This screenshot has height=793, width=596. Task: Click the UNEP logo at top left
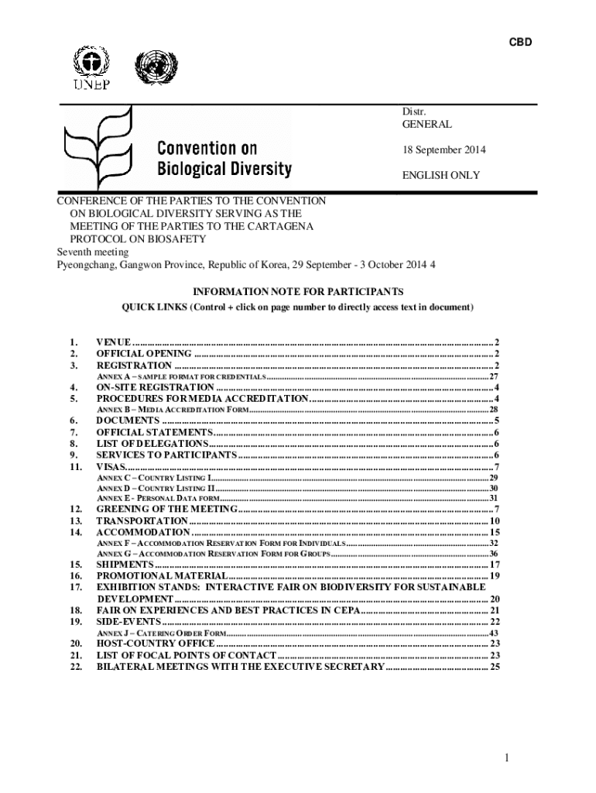tap(91, 68)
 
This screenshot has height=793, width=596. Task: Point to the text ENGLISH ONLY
tap(440, 176)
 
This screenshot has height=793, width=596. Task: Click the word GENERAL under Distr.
tap(426, 124)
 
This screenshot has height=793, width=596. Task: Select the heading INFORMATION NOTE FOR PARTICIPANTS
tap(298, 292)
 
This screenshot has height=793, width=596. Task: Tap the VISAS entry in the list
tap(110, 467)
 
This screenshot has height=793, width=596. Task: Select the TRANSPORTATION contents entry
tap(142, 521)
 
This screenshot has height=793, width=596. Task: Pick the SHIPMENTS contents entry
tap(124, 565)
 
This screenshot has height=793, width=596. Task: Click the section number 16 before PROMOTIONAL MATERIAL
tap(75, 576)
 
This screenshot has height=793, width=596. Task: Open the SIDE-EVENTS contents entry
tap(128, 622)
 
